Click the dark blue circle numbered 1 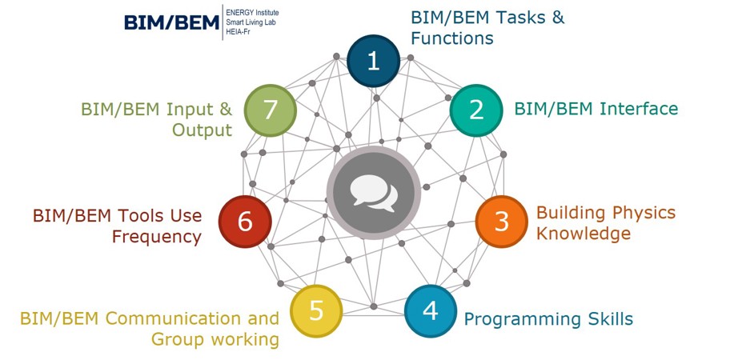click(x=373, y=61)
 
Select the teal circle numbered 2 click(x=476, y=110)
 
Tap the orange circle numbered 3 click(x=501, y=222)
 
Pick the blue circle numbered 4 click(x=431, y=310)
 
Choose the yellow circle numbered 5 click(x=316, y=310)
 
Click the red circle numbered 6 click(x=245, y=222)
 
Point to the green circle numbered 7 click(x=270, y=110)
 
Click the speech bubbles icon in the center click(x=373, y=193)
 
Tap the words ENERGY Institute click(x=257, y=14)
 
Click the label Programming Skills click(x=548, y=319)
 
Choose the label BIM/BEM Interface click(x=596, y=109)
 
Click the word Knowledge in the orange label click(x=583, y=234)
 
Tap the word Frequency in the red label click(x=156, y=237)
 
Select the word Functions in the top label click(x=451, y=38)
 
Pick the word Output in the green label click(x=202, y=130)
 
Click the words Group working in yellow click(x=215, y=339)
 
